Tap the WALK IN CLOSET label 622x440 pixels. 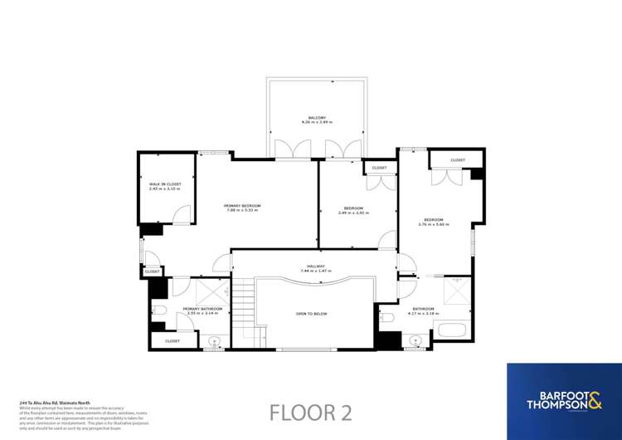coord(164,185)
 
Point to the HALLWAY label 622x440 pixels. coord(313,266)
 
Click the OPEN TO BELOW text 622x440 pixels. coord(313,314)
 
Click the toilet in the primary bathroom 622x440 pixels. coord(160,310)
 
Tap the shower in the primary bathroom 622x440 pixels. coord(212,290)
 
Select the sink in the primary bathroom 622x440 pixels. coord(214,341)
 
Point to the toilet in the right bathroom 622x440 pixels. coord(386,318)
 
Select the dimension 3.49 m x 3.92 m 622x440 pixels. coord(354,213)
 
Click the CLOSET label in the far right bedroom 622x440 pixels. coord(458,160)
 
